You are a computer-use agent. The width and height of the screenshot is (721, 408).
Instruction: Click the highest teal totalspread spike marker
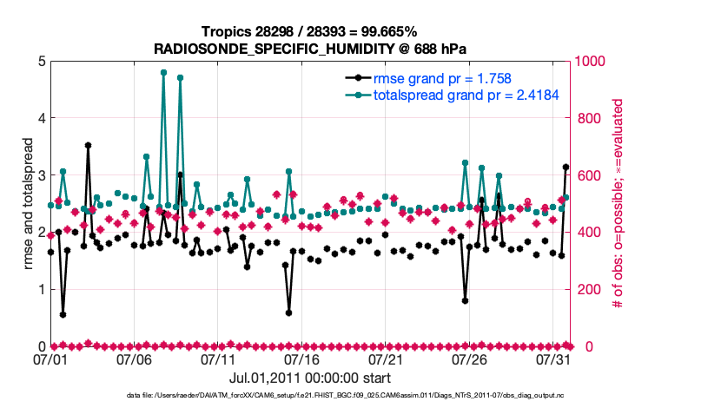(163, 73)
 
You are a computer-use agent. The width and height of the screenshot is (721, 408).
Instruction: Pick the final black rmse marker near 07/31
(566, 167)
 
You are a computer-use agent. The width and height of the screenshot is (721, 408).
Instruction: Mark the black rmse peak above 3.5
(88, 145)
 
